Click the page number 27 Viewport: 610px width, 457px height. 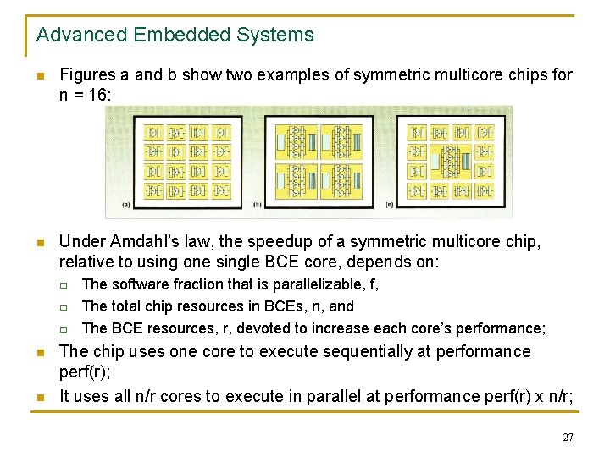568,438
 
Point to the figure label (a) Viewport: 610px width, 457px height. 126,204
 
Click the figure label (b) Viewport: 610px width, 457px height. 258,204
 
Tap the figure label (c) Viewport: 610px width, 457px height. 389,204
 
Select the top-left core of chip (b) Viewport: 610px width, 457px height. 296,140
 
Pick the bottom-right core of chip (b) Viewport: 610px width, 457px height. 344,182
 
